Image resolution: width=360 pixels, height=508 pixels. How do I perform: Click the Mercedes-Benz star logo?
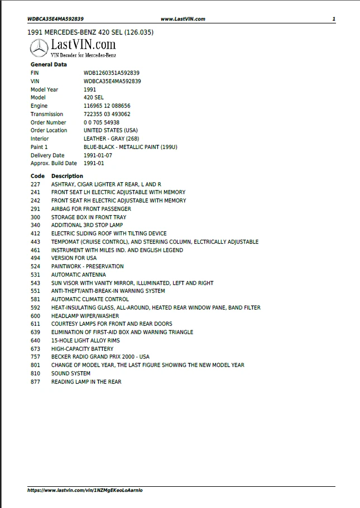tap(40, 49)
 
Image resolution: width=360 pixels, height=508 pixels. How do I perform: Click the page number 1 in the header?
tap(333, 19)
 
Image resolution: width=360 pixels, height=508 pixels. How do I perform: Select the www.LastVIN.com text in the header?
tap(183, 19)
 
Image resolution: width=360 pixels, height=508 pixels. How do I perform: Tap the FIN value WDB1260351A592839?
tap(112, 73)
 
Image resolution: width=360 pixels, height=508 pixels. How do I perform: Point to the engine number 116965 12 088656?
tap(107, 106)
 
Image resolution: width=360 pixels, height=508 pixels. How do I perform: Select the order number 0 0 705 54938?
tap(102, 123)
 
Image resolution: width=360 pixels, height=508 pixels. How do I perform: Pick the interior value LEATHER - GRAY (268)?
tap(112, 139)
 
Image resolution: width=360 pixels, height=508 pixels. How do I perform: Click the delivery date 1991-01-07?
tap(98, 156)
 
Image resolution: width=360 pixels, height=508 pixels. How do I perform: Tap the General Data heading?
tap(49, 65)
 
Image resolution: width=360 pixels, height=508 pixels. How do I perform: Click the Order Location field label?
tap(49, 130)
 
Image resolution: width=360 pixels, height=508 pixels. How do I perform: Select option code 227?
tap(36, 184)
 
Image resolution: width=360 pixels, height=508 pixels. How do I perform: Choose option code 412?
tap(36, 234)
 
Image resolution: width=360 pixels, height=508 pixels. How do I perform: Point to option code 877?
tap(36, 382)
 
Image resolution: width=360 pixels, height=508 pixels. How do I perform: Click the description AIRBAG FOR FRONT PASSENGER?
tap(91, 209)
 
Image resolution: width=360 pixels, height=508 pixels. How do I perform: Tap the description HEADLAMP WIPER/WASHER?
tap(85, 316)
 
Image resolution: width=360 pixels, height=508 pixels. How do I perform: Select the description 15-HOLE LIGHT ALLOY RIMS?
tap(85, 341)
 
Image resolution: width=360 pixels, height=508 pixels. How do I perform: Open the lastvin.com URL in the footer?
tap(85, 490)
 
